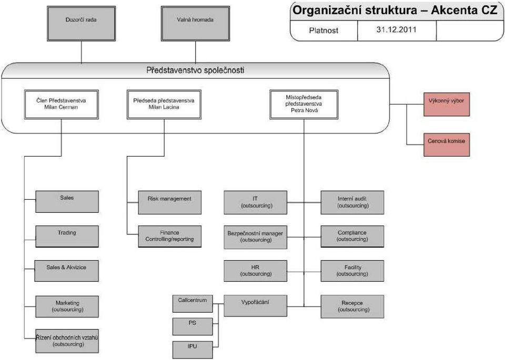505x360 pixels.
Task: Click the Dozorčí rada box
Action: [81, 24]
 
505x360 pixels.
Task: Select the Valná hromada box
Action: [195, 24]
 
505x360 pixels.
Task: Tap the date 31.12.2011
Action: [396, 29]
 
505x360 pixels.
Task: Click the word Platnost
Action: [324, 30]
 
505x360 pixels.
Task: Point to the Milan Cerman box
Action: [61, 105]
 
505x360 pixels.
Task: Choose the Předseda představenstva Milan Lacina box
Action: [164, 105]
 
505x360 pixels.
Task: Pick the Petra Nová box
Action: [304, 105]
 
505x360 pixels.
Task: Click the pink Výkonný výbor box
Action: [447, 104]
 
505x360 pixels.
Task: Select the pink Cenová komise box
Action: [447, 145]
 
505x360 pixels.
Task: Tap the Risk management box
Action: [170, 202]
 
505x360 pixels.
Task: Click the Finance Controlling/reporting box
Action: [170, 236]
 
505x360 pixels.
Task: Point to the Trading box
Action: [67, 236]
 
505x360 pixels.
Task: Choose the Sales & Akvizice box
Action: [67, 271]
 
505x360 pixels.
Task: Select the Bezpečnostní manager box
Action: [256, 237]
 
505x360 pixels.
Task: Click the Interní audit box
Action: [352, 202]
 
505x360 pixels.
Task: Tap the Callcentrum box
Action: [193, 304]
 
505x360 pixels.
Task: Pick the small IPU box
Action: [193, 350]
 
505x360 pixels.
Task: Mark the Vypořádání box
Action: [256, 306]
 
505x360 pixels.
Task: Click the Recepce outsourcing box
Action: [352, 307]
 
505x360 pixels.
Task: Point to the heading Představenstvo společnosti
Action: [195, 70]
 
